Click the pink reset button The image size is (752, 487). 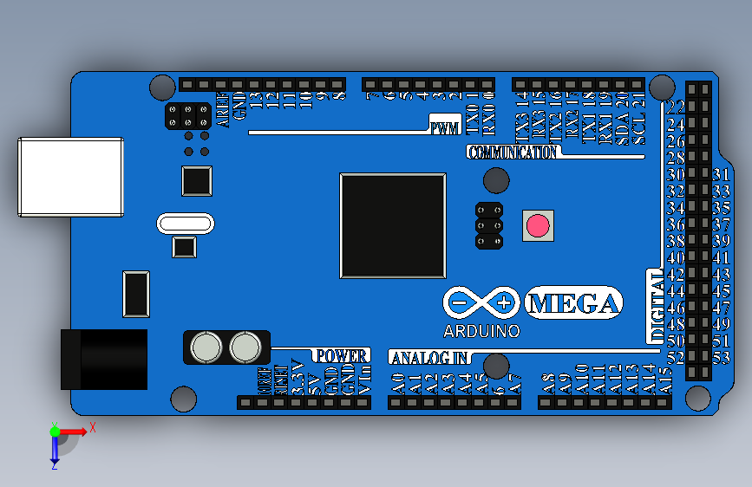point(538,226)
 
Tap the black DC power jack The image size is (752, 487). point(104,359)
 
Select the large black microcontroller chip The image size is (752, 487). point(393,225)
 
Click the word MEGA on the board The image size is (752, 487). point(574,303)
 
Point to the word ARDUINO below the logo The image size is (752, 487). point(481,331)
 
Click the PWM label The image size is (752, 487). point(445,128)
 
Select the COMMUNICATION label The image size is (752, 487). point(512,153)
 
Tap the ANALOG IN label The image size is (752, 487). point(430,357)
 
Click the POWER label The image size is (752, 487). point(341,355)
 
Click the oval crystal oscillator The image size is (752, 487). point(185,224)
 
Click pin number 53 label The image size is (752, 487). point(721,357)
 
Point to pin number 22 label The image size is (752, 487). point(676,107)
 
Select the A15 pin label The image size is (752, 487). point(665,381)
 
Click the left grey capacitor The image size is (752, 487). point(206,347)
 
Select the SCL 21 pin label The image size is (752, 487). point(639,121)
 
